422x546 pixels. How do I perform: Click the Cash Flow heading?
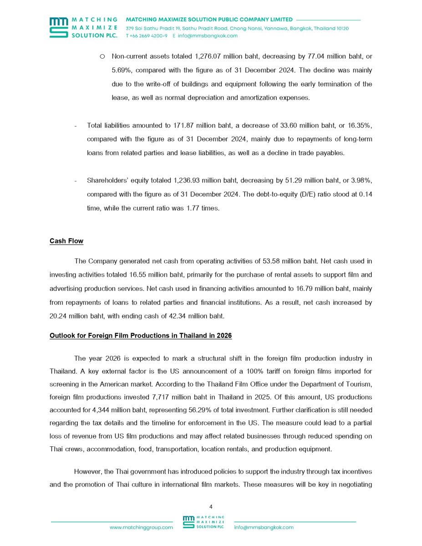click(x=66, y=241)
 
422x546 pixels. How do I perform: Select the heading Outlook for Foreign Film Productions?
click(x=140, y=336)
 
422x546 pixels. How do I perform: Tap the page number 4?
click(x=211, y=506)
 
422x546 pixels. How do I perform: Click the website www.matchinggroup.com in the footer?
click(x=141, y=527)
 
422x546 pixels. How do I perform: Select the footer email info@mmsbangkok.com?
click(x=264, y=527)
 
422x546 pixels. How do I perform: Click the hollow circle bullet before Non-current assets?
click(x=102, y=56)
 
